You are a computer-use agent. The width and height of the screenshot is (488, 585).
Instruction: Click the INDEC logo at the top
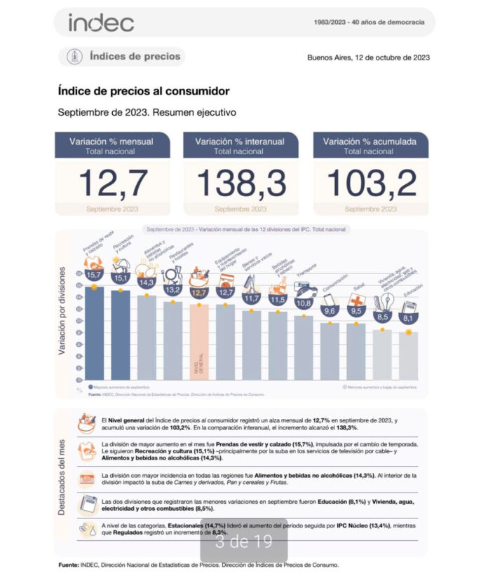point(101,22)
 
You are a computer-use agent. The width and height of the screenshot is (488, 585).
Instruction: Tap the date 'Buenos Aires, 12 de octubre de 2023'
point(368,57)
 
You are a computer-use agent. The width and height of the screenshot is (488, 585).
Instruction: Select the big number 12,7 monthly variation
point(114,183)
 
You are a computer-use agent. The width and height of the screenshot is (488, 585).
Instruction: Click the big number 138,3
point(241,183)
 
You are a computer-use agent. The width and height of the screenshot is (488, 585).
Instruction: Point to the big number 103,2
point(371,183)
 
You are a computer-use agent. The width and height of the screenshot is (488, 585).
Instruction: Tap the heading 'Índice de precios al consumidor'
point(144,91)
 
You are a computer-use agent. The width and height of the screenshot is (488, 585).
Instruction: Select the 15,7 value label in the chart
point(93,275)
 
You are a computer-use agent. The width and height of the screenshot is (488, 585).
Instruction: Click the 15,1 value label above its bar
point(121,277)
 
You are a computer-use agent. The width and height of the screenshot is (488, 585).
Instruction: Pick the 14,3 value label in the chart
point(147,283)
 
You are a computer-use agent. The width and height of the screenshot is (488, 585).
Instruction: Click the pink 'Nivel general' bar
point(199,343)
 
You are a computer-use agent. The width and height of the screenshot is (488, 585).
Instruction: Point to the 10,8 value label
point(304,303)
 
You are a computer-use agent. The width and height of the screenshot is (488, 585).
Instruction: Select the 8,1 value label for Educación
point(409,317)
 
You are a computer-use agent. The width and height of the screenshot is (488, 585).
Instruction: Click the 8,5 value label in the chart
point(382,316)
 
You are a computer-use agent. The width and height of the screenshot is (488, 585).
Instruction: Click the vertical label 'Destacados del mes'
point(62,477)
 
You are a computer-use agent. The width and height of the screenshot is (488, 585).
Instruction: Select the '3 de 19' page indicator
point(243,541)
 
